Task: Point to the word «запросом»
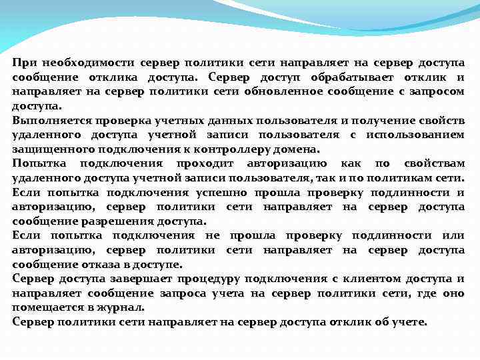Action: point(435,91)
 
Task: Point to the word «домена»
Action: point(289,149)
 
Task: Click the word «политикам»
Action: point(399,178)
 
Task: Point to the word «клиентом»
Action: point(375,279)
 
